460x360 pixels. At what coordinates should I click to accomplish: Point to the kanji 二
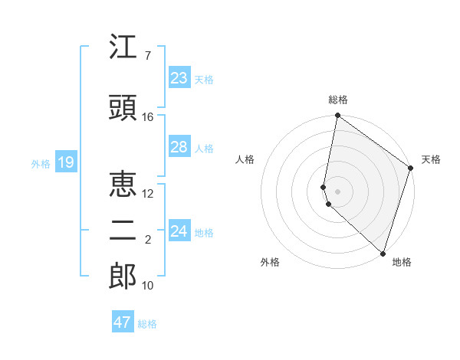(x=123, y=231)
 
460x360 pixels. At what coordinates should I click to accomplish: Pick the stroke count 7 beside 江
(x=148, y=56)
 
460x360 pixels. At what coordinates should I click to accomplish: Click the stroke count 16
(x=148, y=117)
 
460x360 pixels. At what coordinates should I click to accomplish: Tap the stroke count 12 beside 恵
(x=148, y=194)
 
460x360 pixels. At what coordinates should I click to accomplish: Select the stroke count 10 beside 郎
(x=148, y=286)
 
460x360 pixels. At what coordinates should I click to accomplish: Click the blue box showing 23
(x=179, y=78)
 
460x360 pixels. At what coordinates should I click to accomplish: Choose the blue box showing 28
(x=179, y=147)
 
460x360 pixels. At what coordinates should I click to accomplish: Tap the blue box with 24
(x=179, y=231)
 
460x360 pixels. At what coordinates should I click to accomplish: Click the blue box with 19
(x=65, y=162)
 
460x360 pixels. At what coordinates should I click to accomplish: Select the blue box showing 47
(x=123, y=322)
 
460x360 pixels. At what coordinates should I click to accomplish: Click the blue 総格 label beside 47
(x=147, y=324)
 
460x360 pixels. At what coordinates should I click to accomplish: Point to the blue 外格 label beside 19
(x=41, y=163)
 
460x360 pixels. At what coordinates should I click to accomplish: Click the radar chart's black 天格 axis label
(x=431, y=159)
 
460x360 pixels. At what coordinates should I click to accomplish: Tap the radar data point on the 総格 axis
(x=337, y=116)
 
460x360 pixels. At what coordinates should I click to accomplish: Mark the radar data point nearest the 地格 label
(x=383, y=253)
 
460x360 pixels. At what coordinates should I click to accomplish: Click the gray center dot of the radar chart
(x=337, y=191)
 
